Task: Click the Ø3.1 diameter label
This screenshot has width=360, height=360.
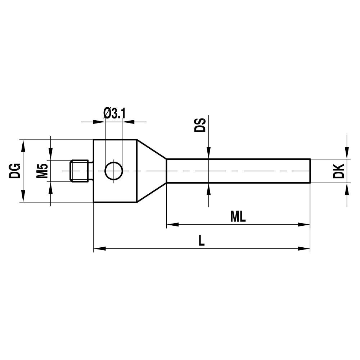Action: (114, 114)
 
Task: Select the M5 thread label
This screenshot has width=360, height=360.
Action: (43, 171)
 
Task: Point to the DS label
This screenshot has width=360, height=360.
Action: (200, 125)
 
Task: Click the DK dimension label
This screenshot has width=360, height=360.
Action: (339, 171)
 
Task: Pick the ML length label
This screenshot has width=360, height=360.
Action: (238, 217)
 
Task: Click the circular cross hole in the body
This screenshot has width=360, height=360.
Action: (114, 171)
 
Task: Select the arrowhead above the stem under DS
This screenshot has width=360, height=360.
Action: (208, 153)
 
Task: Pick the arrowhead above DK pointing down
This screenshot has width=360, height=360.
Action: (347, 153)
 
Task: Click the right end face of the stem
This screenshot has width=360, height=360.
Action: (310, 171)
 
